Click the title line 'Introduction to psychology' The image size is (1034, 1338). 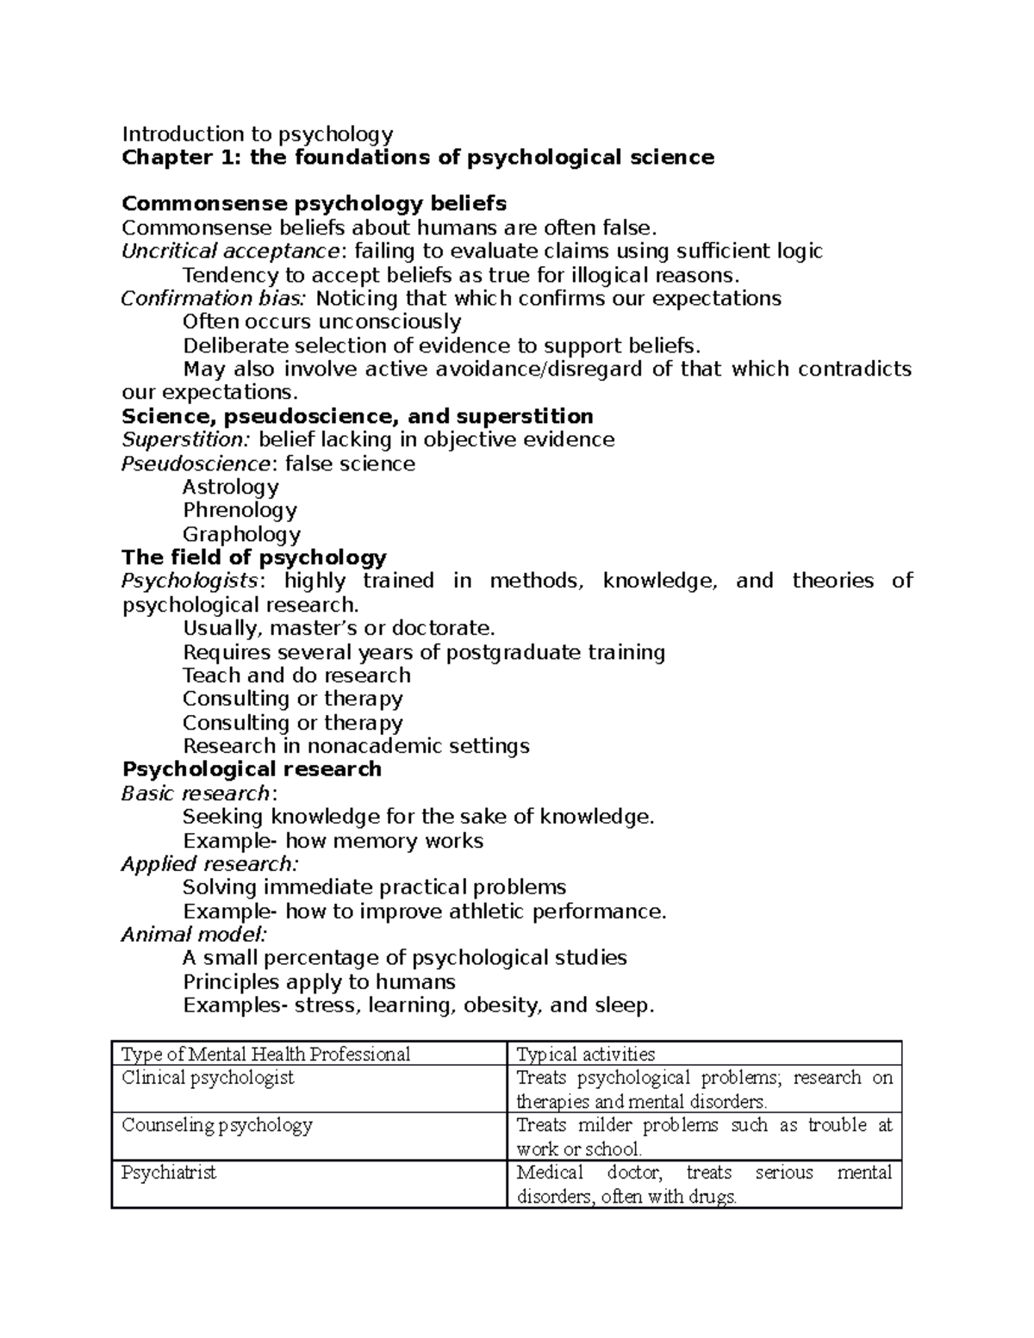click(x=257, y=134)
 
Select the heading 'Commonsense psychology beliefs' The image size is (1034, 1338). click(x=314, y=204)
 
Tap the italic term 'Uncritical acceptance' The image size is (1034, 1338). click(x=230, y=252)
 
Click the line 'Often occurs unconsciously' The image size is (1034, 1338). click(x=321, y=322)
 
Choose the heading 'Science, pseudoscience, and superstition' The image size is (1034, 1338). click(x=357, y=417)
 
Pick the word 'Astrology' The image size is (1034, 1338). click(x=230, y=488)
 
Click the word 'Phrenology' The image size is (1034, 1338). click(x=240, y=511)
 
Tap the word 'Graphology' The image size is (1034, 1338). click(x=241, y=534)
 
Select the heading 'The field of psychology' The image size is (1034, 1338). click(x=254, y=557)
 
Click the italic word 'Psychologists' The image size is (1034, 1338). click(x=190, y=582)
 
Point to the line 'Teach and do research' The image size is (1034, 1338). click(x=296, y=675)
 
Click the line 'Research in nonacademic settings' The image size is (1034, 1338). click(x=356, y=746)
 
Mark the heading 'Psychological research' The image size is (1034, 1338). click(x=252, y=769)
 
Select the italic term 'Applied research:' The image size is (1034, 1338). click(x=210, y=864)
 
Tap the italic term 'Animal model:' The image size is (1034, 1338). click(x=195, y=935)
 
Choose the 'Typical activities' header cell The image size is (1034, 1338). click(x=585, y=1054)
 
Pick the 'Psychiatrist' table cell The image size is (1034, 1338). click(x=169, y=1173)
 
